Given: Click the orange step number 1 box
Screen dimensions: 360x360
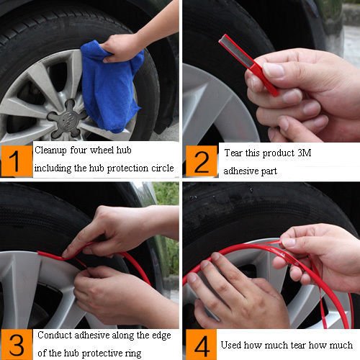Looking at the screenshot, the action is coord(17,161).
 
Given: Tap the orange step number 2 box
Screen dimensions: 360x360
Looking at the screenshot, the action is coord(201,161).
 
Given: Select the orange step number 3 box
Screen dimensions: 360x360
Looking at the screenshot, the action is coord(17,344).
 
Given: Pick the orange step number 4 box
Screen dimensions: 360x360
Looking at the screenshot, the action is coord(201,344).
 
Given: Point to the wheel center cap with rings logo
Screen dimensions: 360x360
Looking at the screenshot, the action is coord(68,120).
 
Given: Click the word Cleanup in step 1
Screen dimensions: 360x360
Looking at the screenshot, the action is coord(50,150).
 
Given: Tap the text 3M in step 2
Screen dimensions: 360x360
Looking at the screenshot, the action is coord(304,153).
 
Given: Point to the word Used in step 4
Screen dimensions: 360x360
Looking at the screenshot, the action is coord(230,345).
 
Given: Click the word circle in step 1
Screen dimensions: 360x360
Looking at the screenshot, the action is coord(163,168).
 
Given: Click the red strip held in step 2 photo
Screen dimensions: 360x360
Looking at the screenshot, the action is coord(248,64).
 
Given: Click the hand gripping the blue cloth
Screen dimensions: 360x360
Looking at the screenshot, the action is coord(120,48).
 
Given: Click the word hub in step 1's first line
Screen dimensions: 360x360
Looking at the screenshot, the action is coord(124,150).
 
